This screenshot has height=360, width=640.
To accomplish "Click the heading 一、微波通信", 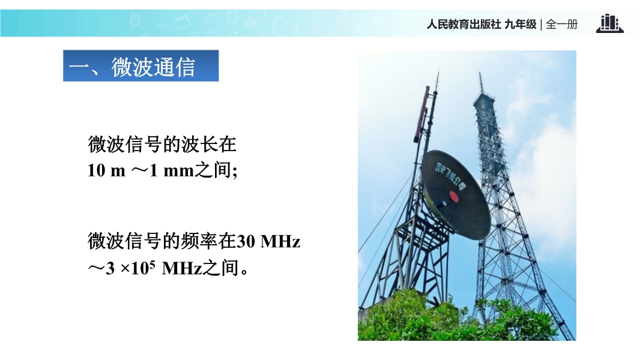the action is [x=132, y=67].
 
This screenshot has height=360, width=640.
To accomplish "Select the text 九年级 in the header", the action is [x=521, y=25].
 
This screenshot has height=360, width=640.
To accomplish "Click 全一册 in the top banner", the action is [x=561, y=25].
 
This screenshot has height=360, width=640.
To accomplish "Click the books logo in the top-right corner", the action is [x=610, y=23].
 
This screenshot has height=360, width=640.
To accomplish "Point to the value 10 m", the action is [x=106, y=170].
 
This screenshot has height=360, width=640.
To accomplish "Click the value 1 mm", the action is [x=172, y=170].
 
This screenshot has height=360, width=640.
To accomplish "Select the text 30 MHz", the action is [x=268, y=241].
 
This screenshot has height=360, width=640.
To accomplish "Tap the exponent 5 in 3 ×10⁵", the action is [x=152, y=264].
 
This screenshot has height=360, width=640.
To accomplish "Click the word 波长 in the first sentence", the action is [x=199, y=145].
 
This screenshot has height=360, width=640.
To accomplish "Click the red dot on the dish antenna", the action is [x=454, y=197].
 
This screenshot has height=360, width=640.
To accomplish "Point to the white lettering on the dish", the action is [x=450, y=176].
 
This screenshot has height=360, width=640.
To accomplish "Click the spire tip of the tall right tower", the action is [x=480, y=73].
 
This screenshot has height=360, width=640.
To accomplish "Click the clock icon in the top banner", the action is [x=135, y=19].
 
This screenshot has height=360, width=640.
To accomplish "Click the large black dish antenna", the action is [x=456, y=194].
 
